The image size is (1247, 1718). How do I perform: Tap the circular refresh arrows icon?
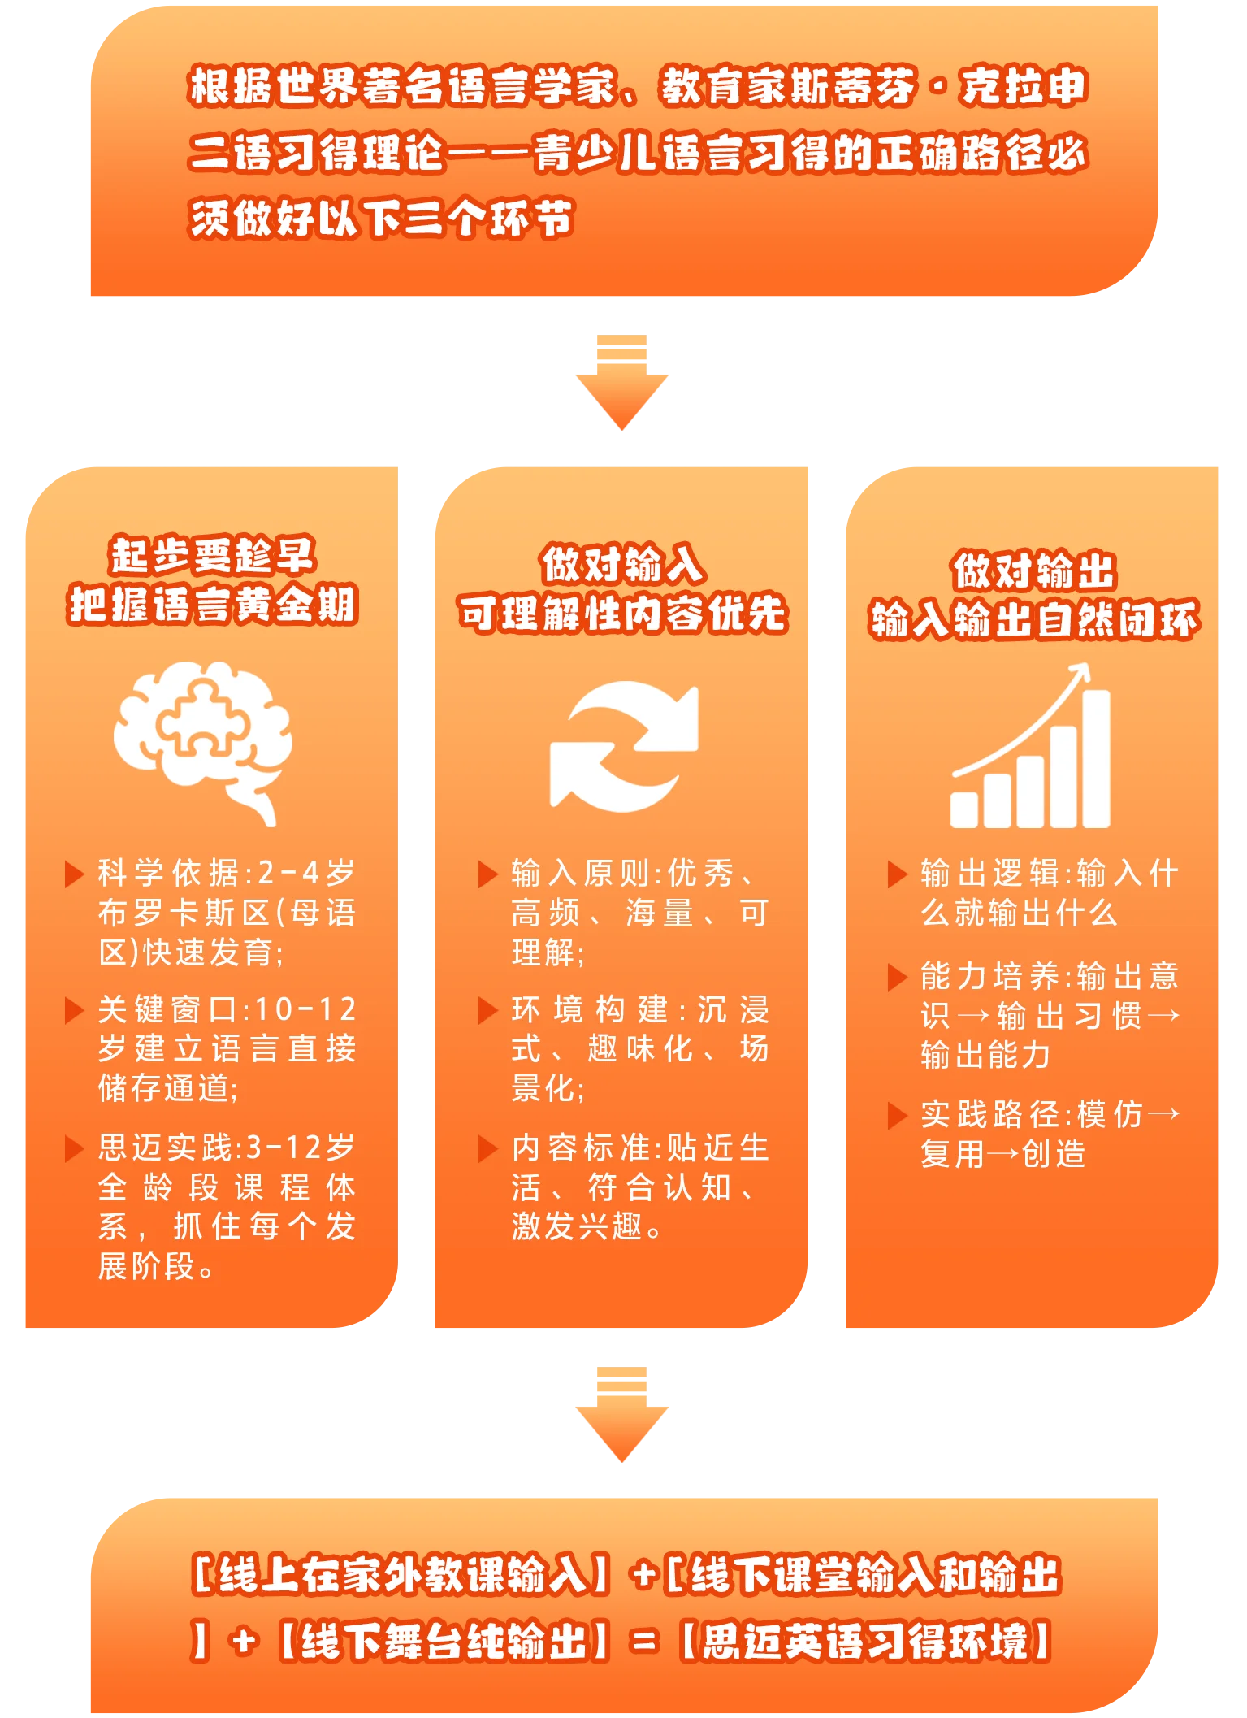[x=624, y=746]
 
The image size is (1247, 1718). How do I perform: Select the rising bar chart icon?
[x=1031, y=746]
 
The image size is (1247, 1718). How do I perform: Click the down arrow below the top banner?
[x=621, y=382]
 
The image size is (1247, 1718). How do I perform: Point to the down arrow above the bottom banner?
[x=621, y=1415]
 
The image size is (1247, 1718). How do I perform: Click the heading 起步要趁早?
[x=212, y=556]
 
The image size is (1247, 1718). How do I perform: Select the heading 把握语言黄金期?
[x=213, y=605]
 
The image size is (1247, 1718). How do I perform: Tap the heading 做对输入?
[x=622, y=564]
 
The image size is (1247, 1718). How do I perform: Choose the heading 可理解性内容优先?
[x=622, y=613]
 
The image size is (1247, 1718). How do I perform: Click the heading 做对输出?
[x=1033, y=570]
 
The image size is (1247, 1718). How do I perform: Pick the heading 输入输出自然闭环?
[x=1033, y=620]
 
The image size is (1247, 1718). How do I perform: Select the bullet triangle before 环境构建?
[x=487, y=1011]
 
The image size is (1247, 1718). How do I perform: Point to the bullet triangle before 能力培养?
[x=897, y=978]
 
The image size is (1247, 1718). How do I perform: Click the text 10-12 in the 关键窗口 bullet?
[x=305, y=1010]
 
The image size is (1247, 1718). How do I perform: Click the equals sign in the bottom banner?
[x=644, y=1643]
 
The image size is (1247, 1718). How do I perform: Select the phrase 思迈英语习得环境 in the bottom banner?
[x=866, y=1642]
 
